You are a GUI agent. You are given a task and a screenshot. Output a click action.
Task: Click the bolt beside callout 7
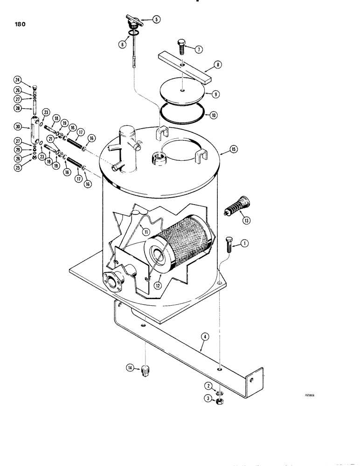coord(182,48)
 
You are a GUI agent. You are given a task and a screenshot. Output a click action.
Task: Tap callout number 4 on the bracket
coord(202,335)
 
